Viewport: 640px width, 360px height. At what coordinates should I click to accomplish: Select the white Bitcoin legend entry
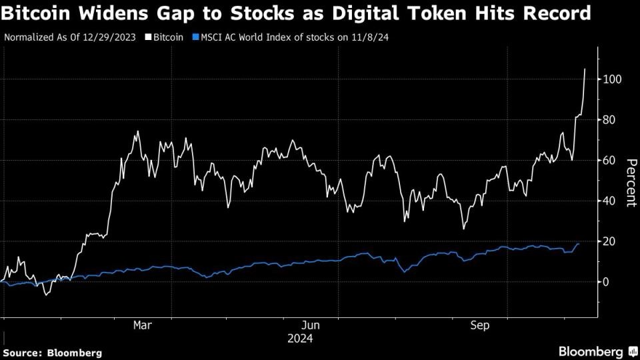pyautogui.click(x=164, y=37)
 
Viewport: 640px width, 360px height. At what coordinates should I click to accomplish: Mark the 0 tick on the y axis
pyautogui.click(x=607, y=282)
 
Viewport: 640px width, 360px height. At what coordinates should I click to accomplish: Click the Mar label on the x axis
pyautogui.click(x=142, y=325)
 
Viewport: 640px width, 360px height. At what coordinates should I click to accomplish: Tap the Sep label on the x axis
pyautogui.click(x=480, y=325)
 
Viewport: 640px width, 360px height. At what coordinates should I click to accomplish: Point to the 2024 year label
pyautogui.click(x=300, y=339)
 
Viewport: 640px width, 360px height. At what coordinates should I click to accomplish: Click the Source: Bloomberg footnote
pyautogui.click(x=53, y=352)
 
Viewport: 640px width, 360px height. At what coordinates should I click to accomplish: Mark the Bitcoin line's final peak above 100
pyautogui.click(x=585, y=69)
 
